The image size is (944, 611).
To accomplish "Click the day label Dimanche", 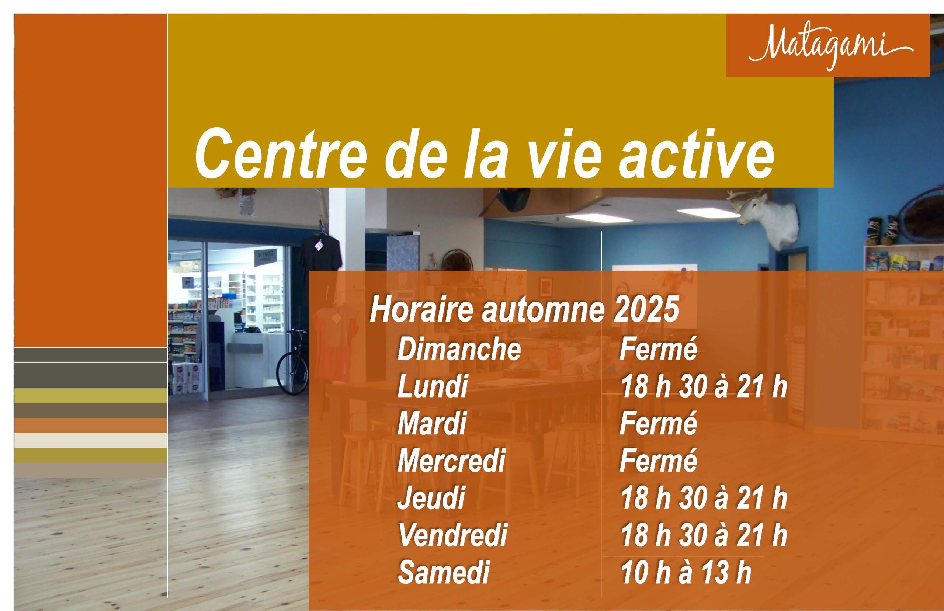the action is [459, 349].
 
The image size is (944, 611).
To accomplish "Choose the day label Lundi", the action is [432, 386].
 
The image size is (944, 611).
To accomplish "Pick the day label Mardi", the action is [431, 423].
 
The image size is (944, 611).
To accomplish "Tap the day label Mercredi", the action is [451, 460].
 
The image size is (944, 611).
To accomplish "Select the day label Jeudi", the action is [431, 497].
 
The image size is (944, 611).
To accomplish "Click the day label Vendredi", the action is [452, 535].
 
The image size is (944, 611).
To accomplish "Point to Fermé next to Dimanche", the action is [658, 349].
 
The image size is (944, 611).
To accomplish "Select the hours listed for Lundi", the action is [704, 386].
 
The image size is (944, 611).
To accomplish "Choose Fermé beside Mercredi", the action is [658, 460].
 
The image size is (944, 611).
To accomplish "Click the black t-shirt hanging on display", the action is [320, 254].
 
